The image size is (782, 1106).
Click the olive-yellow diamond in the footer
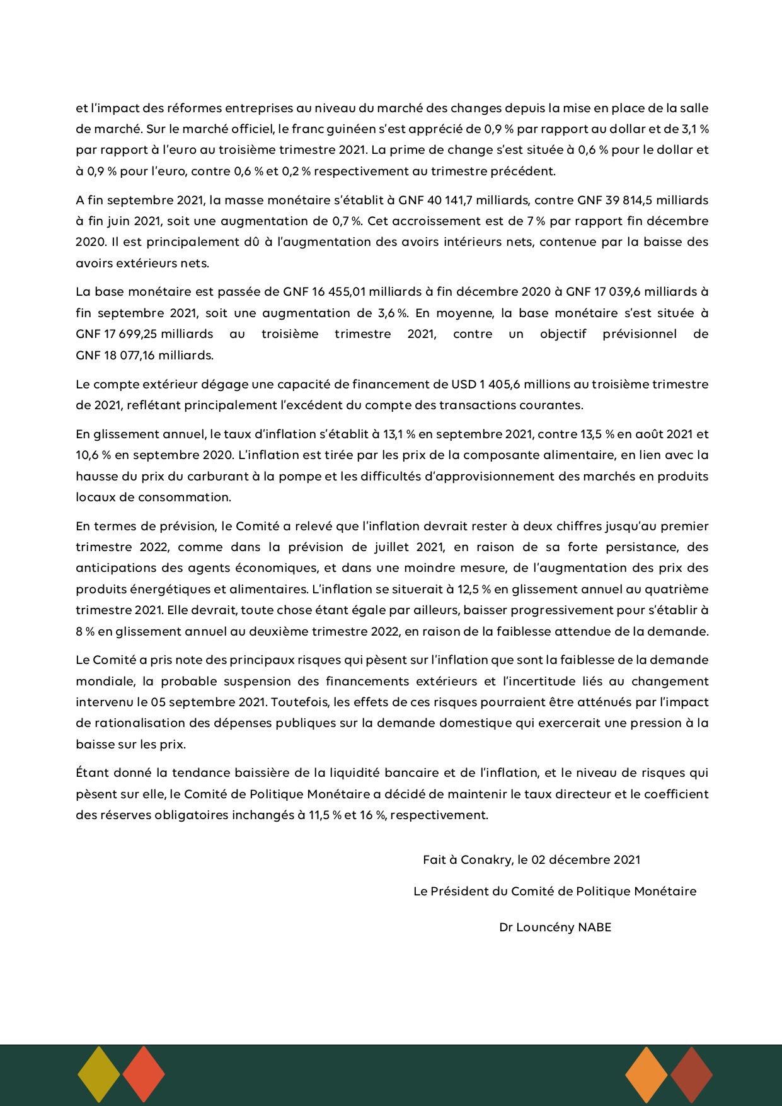point(99,1074)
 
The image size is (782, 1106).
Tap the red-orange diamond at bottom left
point(144,1074)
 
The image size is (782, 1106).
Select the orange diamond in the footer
point(647,1074)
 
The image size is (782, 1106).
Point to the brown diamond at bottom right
point(691,1074)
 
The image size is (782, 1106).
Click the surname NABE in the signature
point(595,928)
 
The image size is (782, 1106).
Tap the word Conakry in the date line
point(486,859)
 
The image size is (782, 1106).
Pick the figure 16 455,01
point(338,292)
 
